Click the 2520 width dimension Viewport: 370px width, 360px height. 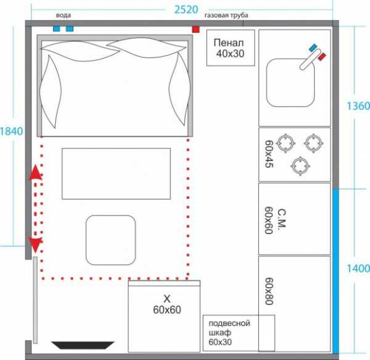186,10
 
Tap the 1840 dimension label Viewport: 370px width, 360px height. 11,132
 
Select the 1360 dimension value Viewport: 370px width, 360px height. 358,106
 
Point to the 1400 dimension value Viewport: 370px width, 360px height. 358,269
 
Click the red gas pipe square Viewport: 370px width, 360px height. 195,29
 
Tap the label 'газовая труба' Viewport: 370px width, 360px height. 226,15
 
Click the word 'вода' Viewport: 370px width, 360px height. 64,15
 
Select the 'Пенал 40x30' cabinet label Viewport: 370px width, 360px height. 229,48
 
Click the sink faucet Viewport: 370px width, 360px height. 310,59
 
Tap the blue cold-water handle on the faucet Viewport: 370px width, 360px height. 313,48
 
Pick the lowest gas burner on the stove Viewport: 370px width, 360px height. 300,166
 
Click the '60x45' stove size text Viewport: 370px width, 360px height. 269,154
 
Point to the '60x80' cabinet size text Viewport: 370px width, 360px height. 269,291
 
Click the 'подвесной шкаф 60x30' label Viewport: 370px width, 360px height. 229,332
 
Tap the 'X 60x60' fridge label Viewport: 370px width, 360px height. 167,304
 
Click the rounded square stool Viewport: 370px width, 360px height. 110,240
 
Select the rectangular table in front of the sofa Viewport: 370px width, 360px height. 116,174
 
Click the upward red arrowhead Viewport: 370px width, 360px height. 35,172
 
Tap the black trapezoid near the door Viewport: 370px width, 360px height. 83,345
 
